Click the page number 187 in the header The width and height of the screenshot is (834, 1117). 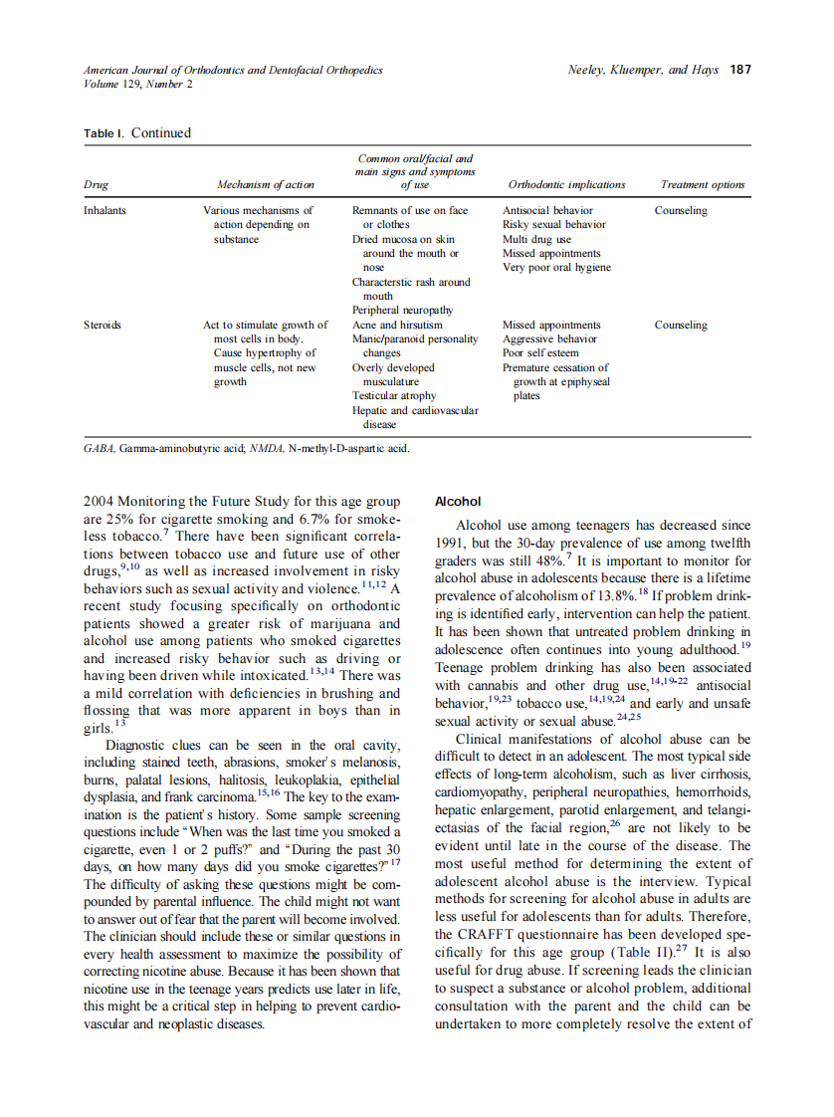[x=740, y=70]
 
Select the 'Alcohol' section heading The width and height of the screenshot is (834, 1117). [x=458, y=502]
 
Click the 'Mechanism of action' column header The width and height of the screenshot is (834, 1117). [x=265, y=185]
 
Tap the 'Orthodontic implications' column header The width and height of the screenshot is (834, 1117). [x=566, y=185]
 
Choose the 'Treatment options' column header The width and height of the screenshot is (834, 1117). [x=702, y=185]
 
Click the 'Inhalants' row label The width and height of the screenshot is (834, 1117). [x=104, y=211]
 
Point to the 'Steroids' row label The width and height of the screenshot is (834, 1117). [x=103, y=326]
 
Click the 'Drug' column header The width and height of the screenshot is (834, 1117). [x=96, y=185]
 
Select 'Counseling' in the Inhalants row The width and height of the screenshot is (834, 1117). [x=681, y=211]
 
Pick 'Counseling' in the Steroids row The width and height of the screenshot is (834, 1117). [x=681, y=326]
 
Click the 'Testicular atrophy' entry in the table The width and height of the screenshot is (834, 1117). [x=394, y=396]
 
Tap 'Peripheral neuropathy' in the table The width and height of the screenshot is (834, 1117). [x=402, y=311]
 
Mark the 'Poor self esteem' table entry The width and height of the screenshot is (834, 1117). [x=541, y=353]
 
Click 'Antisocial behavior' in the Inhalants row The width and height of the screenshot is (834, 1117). [x=547, y=211]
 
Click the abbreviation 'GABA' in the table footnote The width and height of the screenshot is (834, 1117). [x=99, y=449]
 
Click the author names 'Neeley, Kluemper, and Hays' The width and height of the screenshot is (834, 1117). [x=642, y=70]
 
